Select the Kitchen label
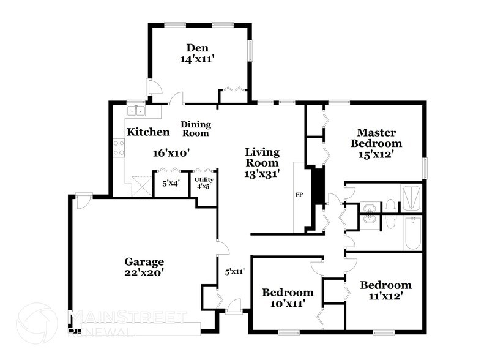click(147, 132)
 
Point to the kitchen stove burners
click(119, 147)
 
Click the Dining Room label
click(195, 129)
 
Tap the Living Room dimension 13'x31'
click(262, 174)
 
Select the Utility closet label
click(204, 179)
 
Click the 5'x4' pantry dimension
click(171, 183)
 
